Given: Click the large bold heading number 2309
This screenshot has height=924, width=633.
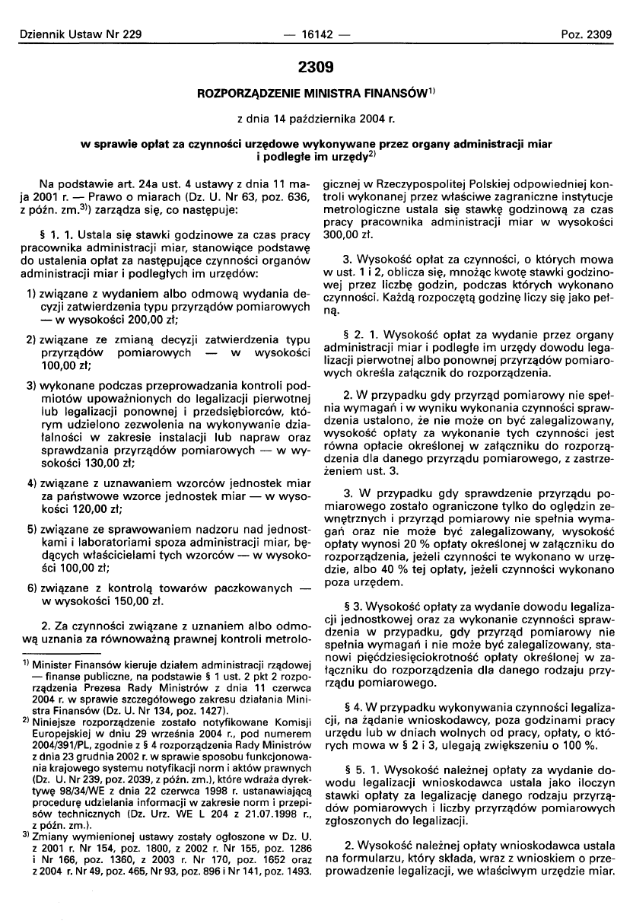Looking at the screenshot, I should [316, 68].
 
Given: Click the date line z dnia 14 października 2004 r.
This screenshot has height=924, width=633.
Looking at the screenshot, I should [316, 118].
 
